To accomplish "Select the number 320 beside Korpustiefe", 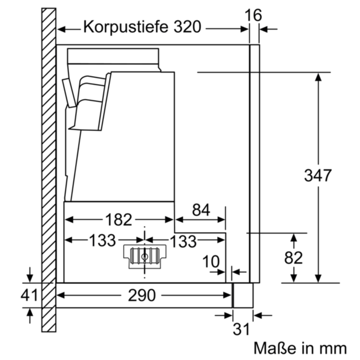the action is (187, 27).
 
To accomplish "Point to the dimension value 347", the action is (318, 175).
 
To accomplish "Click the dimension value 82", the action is (293, 258).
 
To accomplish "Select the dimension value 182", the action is (118, 220).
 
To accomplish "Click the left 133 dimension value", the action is (102, 240).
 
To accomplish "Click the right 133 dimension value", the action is (184, 241).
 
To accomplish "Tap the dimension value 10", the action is (211, 262).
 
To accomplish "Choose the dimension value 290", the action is (142, 295).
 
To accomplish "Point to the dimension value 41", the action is (29, 295).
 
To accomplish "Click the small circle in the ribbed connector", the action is (144, 257).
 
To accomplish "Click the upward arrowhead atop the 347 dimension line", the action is (318, 77).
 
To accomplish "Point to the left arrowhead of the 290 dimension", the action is (61, 295).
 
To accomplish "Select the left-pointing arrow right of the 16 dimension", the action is (268, 29).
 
